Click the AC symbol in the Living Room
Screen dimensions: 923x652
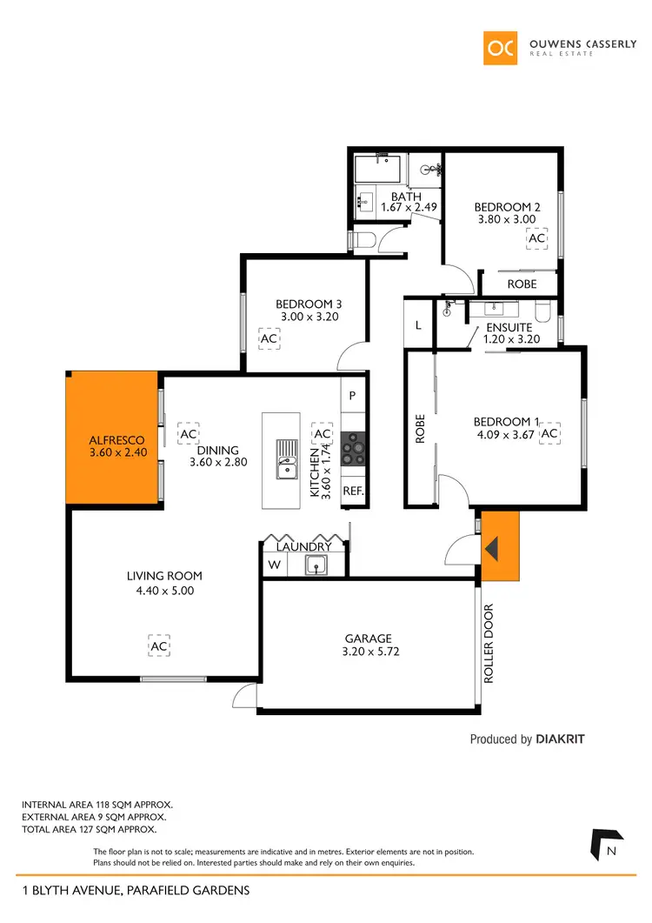click(158, 647)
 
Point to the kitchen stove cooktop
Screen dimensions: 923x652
click(354, 450)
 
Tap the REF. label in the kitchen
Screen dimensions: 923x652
click(352, 491)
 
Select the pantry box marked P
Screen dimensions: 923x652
click(352, 395)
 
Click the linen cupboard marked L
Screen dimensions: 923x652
click(418, 325)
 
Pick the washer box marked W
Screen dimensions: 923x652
click(274, 565)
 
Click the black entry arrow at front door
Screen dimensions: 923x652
click(491, 549)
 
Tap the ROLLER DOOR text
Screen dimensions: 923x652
click(489, 643)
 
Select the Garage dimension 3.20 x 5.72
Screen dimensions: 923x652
click(368, 651)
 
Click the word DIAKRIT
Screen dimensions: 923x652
click(561, 739)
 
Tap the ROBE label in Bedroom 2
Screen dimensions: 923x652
click(522, 284)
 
